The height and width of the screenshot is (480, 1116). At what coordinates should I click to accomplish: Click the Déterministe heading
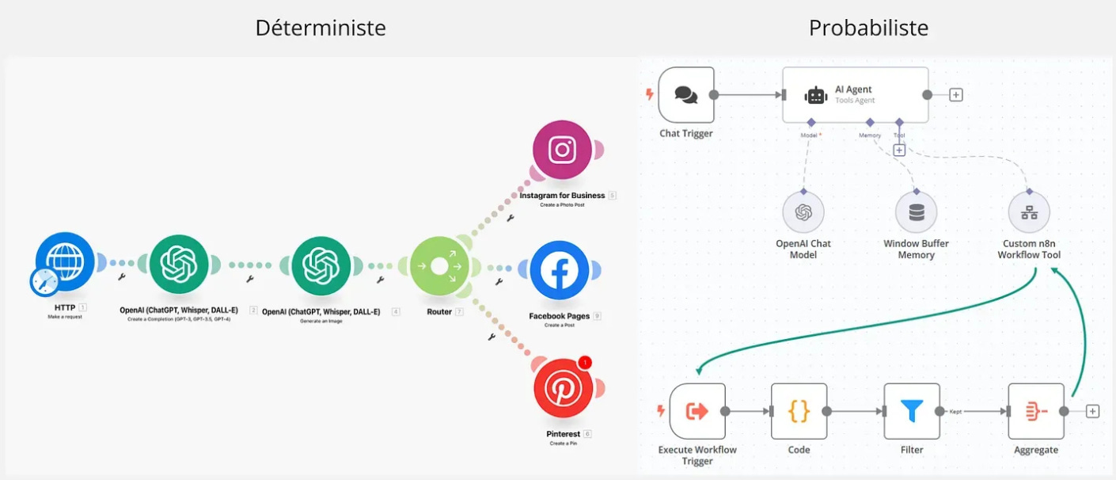[x=321, y=29]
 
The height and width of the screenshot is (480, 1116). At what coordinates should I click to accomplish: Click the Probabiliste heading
[x=868, y=29]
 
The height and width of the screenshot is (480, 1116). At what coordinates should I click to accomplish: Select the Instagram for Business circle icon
[x=562, y=150]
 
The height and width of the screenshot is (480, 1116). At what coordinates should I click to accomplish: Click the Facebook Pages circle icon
[x=560, y=271]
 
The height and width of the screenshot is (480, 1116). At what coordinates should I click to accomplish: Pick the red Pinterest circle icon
[x=562, y=390]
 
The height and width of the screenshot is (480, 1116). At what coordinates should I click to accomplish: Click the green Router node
[x=439, y=266]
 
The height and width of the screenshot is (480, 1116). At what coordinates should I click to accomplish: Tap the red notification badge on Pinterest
[x=584, y=363]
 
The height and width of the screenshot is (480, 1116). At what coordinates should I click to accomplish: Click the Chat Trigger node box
[x=685, y=95]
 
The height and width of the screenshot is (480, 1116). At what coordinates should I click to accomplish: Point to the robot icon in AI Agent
[x=816, y=95]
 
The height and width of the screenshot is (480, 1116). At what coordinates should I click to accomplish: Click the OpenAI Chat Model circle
[x=803, y=212]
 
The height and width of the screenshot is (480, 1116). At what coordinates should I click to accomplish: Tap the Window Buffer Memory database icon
[x=916, y=212]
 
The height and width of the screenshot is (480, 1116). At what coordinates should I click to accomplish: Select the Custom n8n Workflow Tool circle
[x=1029, y=212]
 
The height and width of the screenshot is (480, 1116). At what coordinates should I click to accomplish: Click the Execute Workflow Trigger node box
[x=697, y=411]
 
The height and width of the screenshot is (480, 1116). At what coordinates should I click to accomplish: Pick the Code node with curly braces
[x=799, y=411]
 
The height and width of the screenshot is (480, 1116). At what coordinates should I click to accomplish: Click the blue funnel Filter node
[x=912, y=411]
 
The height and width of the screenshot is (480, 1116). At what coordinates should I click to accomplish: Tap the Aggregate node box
[x=1036, y=411]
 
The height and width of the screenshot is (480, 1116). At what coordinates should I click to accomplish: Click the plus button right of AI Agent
[x=956, y=95]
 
